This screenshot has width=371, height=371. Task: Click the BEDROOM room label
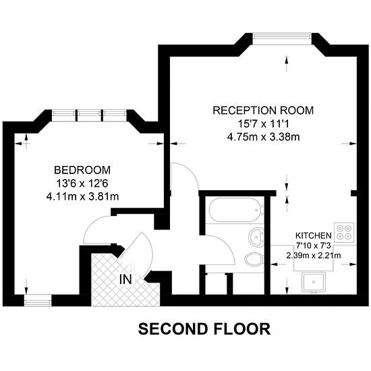click(82, 170)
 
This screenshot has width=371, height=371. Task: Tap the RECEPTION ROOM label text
click(263, 111)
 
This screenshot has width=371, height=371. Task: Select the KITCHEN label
click(314, 235)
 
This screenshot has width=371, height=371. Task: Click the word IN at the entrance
click(125, 279)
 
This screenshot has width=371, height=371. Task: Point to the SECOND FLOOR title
click(204, 329)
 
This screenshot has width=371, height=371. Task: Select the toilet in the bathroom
click(254, 259)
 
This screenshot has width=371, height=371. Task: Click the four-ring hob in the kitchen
click(344, 232)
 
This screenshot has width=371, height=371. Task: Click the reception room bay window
click(281, 38)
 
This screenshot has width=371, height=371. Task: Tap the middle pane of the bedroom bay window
click(90, 115)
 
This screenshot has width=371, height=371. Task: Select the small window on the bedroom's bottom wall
click(38, 300)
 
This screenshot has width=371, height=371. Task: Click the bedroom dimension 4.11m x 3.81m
click(82, 196)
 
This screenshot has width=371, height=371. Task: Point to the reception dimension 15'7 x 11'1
click(263, 123)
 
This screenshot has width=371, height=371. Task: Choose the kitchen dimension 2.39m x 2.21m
click(314, 256)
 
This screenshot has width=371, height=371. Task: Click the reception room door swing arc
click(191, 172)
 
